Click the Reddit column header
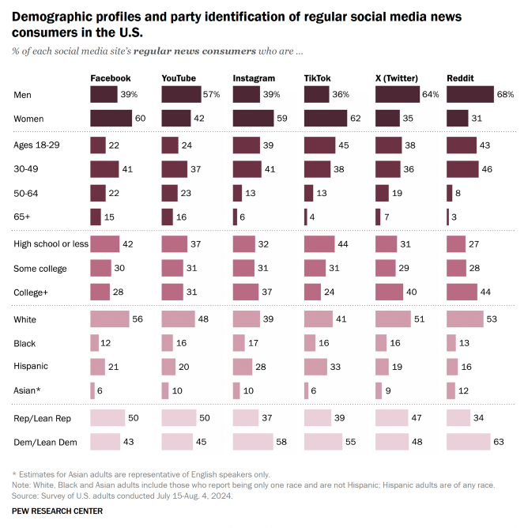pos(460,78)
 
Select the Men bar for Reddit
pos(470,94)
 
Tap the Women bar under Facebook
pos(111,119)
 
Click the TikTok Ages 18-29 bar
pos(319,145)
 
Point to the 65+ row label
pos(22,217)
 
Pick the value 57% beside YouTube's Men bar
pos(211,94)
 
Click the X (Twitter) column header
pos(397,78)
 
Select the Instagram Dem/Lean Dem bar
pos(253,442)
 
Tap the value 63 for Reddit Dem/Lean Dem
pos(499,442)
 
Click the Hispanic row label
pos(31,366)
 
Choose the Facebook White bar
pos(110,319)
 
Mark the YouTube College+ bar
pos(172,292)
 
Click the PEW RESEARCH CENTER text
pos(57,511)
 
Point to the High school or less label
pos(51,243)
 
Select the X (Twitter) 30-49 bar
pos(388,169)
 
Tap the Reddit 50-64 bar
pos(450,194)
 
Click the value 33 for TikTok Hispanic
pos(335,367)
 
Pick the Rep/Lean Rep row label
pos(42,418)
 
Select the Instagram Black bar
pos(239,343)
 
